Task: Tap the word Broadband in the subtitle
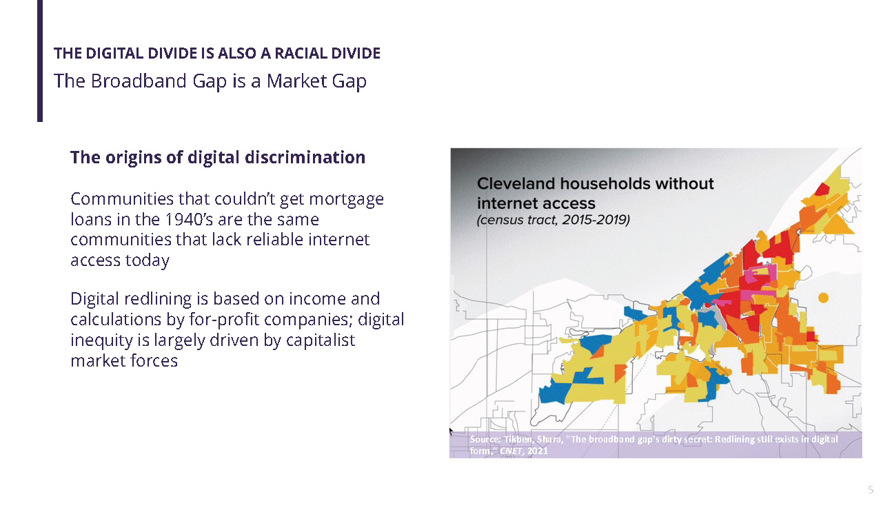[139, 81]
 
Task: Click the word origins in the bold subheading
[134, 158]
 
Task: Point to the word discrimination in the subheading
[305, 157]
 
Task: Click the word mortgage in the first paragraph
[347, 200]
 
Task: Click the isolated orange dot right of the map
[823, 298]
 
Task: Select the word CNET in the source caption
[511, 451]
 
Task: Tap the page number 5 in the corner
[871, 490]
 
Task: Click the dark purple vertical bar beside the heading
[40, 61]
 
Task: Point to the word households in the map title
[605, 183]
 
